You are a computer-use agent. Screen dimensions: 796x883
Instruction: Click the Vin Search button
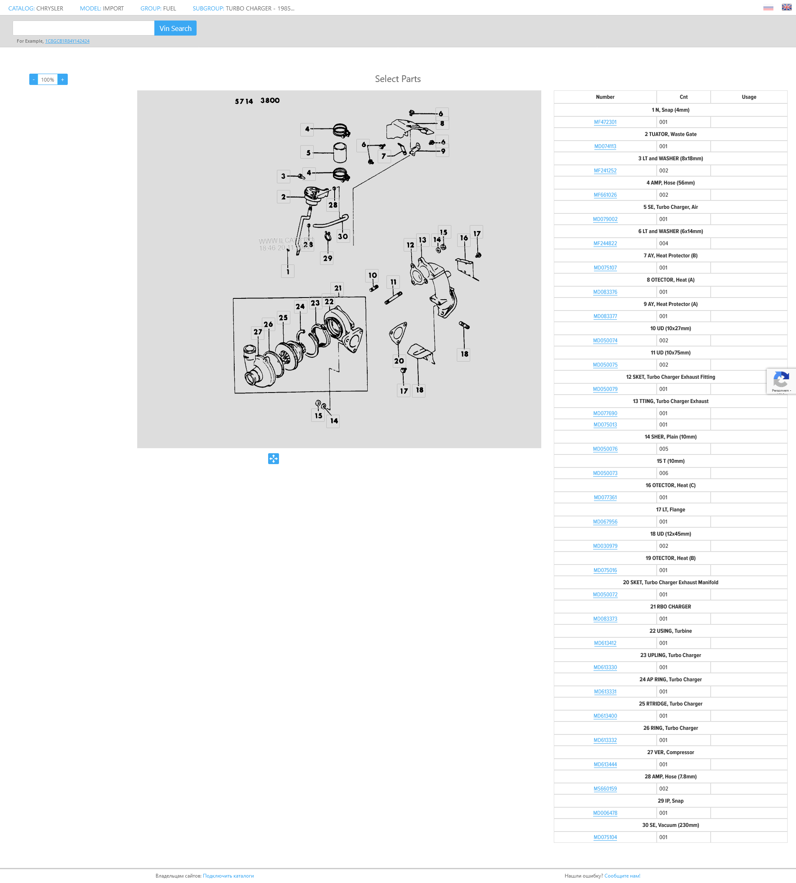point(175,28)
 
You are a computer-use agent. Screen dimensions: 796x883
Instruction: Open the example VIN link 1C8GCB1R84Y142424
point(67,41)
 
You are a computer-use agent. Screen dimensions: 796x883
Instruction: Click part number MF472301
point(605,122)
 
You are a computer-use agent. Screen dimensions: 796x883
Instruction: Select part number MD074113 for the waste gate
point(605,146)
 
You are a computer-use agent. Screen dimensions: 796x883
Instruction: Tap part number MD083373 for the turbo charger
point(605,619)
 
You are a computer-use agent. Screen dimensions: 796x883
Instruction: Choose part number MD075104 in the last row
point(605,837)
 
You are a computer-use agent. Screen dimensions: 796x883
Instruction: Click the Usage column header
point(748,97)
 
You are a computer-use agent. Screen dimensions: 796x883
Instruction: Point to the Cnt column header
point(683,97)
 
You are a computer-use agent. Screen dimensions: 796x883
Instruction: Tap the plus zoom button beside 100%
point(63,80)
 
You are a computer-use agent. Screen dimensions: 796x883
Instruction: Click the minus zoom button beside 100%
point(34,80)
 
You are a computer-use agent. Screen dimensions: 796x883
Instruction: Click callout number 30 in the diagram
point(343,236)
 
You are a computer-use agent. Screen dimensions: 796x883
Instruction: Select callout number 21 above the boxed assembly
point(338,288)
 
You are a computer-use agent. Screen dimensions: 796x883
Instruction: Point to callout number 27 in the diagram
point(258,332)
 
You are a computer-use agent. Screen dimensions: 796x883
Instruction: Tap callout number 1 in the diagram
point(288,271)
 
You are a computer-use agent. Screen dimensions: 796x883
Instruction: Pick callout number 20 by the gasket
point(399,361)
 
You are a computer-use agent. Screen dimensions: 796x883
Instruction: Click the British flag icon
point(786,7)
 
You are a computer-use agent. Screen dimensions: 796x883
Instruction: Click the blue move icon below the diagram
point(274,459)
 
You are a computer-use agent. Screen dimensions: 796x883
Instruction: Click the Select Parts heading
point(397,79)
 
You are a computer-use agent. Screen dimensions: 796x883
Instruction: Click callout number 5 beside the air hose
point(308,153)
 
